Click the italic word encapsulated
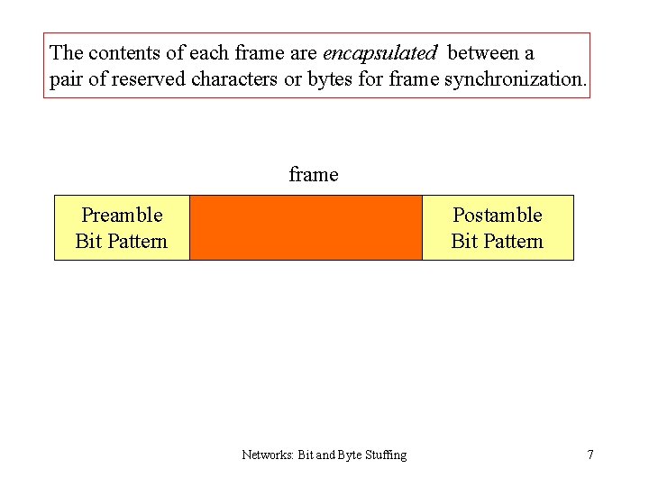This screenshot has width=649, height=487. click(379, 53)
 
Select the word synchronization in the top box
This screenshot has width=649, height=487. click(515, 79)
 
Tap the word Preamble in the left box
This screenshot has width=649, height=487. click(122, 215)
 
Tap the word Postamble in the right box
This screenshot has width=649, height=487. click(497, 215)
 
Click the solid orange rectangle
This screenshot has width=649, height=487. click(306, 227)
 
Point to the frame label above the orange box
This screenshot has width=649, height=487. click(314, 174)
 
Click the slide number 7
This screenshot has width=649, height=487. click(590, 455)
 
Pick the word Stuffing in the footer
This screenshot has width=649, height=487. click(385, 455)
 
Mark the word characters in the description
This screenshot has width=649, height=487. click(234, 79)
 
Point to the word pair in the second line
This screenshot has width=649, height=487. click(66, 79)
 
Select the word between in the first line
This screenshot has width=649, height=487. click(482, 53)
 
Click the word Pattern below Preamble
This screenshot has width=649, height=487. click(134, 241)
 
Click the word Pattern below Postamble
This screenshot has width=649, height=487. click(510, 241)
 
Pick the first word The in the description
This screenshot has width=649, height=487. click(68, 53)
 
